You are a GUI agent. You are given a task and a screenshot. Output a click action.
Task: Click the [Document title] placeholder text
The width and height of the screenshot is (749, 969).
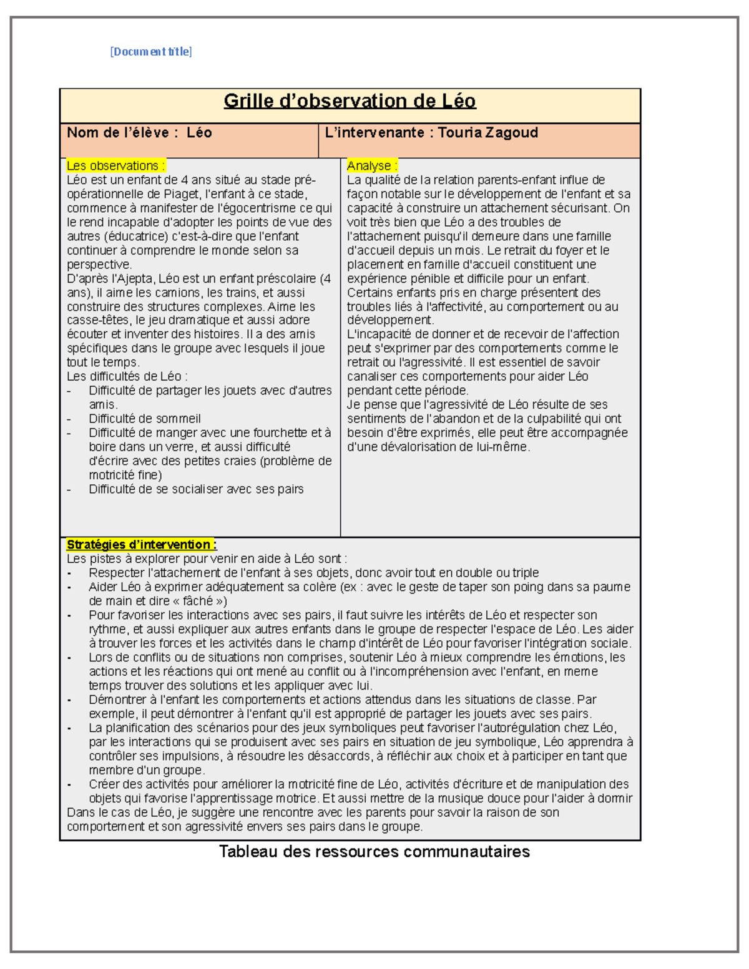(x=151, y=52)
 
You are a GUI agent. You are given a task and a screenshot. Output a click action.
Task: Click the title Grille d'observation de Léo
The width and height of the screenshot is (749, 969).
(x=350, y=101)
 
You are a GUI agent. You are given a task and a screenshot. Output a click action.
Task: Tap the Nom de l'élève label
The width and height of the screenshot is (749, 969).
(x=118, y=133)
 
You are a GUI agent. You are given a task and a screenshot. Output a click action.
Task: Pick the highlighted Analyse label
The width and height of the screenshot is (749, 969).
(x=372, y=166)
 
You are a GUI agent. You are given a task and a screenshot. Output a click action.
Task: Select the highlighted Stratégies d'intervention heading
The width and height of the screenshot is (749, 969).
(x=141, y=545)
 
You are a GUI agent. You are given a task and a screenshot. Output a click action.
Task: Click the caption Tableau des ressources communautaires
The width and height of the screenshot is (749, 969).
(x=374, y=852)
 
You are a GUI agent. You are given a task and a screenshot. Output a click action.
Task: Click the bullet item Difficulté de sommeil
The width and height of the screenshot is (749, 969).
(x=144, y=419)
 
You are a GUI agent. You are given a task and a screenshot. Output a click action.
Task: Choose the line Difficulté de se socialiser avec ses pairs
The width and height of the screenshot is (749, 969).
(x=196, y=489)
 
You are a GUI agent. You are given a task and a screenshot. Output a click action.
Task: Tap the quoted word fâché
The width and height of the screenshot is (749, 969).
(x=198, y=601)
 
